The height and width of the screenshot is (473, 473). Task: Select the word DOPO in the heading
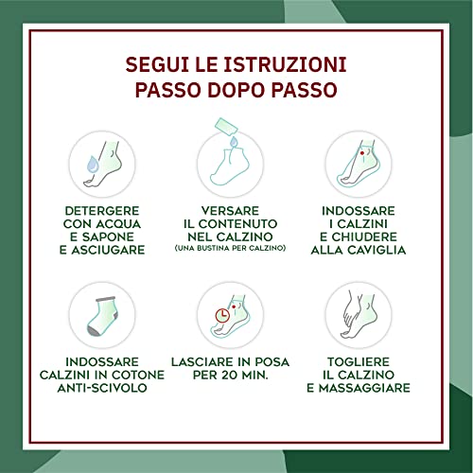pos(236,93)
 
